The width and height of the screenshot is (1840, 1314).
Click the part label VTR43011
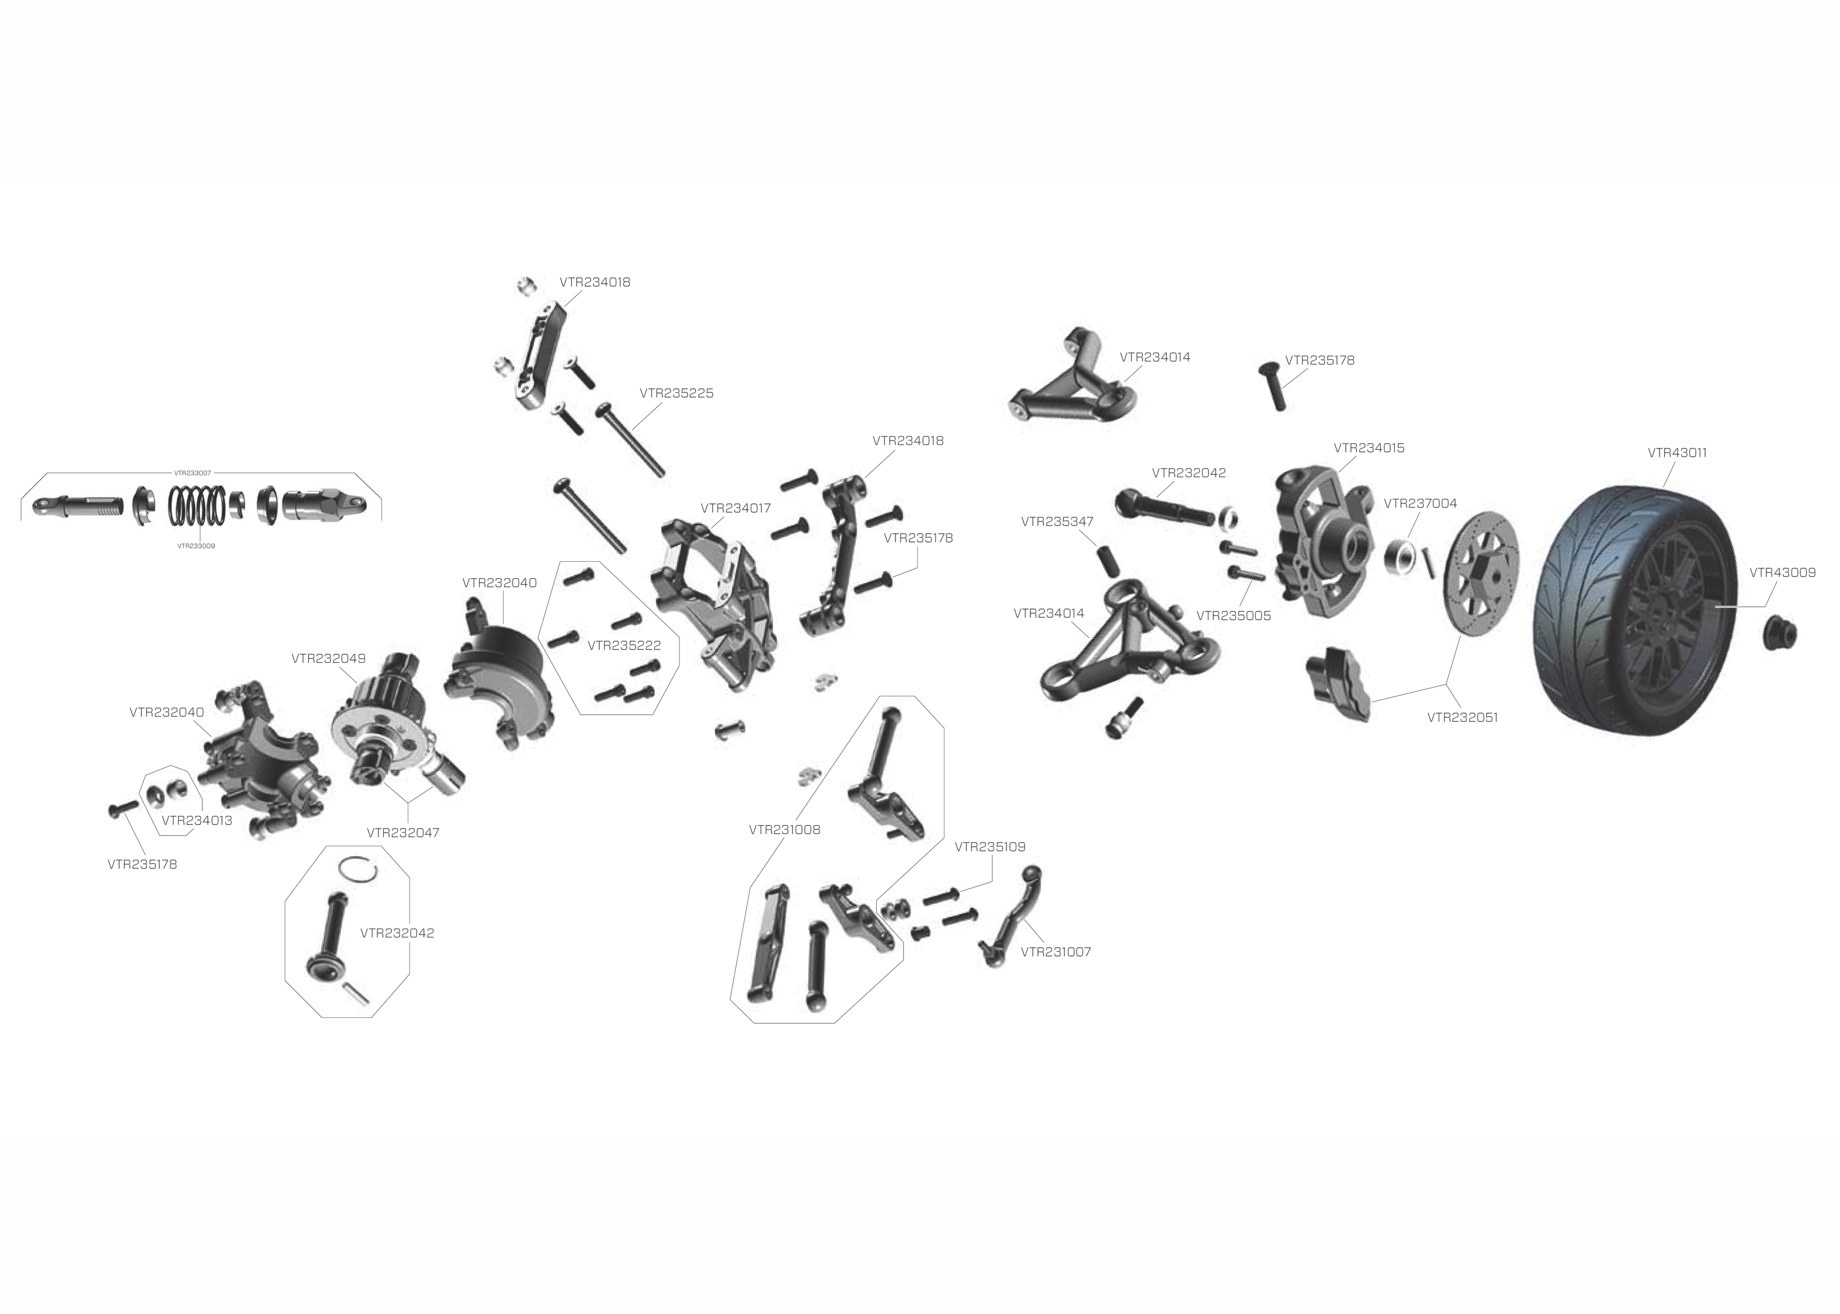(x=1678, y=453)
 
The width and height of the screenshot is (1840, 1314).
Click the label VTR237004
(x=1420, y=503)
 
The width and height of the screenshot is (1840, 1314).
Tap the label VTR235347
(x=1057, y=522)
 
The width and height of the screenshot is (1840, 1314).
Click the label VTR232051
(x=1463, y=718)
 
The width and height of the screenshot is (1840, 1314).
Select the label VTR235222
(x=624, y=646)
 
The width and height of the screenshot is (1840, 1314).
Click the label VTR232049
(x=328, y=659)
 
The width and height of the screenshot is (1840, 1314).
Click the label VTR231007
(x=1056, y=953)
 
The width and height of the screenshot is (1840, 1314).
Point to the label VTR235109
(x=991, y=847)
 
